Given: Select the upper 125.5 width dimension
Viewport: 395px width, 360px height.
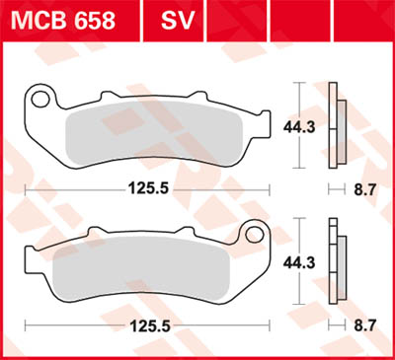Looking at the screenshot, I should coord(146,185).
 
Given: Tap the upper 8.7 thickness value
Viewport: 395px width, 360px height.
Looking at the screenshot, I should coord(366,185).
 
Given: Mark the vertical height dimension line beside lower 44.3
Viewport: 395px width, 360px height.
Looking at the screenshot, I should coord(297,262).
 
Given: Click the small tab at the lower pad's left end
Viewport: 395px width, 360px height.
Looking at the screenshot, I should coord(30,261).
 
